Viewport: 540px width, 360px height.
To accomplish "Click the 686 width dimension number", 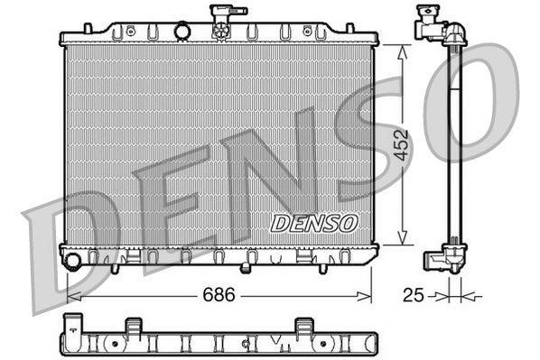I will coord(214,294).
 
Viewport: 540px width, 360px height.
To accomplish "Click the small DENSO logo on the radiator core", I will coord(314,222).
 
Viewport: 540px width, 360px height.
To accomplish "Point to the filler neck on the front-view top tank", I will coord(220,21).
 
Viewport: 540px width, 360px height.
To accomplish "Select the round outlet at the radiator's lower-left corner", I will coord(73,262).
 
